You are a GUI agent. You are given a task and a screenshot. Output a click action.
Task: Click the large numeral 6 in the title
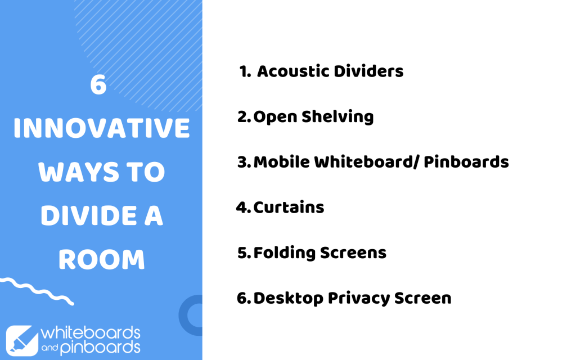[x=98, y=85]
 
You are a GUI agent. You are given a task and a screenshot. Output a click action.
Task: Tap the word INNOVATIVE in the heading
[x=101, y=128]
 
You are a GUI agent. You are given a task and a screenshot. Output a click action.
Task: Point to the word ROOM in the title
[x=101, y=259]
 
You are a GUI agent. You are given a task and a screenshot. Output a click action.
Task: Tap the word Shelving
[x=337, y=118]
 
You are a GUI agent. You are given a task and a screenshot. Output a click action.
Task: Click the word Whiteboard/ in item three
[x=366, y=162]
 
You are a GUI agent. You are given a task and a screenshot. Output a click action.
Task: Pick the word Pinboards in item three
[x=466, y=162]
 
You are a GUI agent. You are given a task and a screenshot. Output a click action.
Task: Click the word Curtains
[x=289, y=208]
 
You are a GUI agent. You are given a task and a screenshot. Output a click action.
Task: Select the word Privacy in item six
[x=359, y=299]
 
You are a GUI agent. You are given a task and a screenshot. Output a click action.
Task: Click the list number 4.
[x=244, y=208]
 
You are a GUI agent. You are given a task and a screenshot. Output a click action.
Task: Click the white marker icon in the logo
[x=22, y=340]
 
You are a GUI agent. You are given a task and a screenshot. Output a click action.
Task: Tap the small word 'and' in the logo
[x=49, y=347]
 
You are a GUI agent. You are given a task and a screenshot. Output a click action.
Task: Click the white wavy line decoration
[x=37, y=291]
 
